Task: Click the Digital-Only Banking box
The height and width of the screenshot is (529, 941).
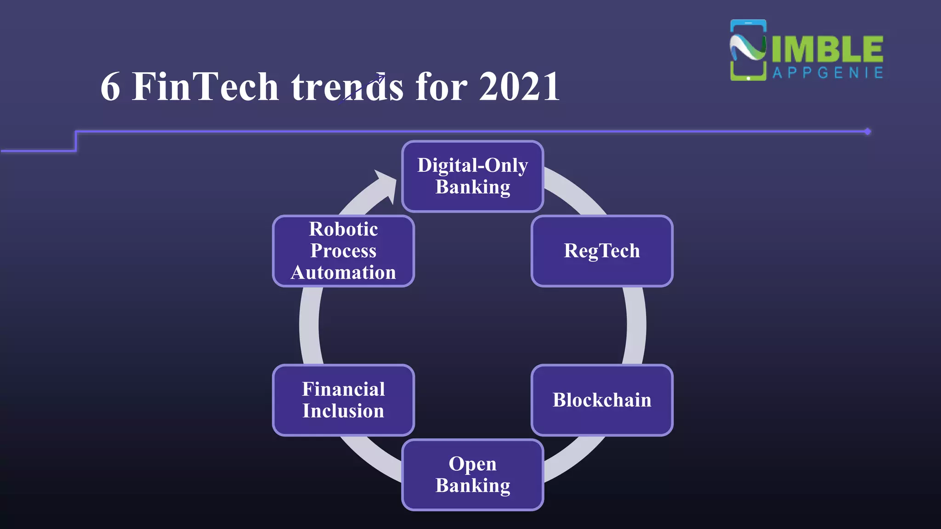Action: click(x=472, y=177)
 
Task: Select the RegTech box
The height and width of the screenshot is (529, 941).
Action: click(x=601, y=251)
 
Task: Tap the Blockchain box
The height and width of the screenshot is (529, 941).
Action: click(x=601, y=400)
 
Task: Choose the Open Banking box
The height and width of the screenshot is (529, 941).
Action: click(x=472, y=475)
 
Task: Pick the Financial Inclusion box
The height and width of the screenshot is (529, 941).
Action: click(x=343, y=400)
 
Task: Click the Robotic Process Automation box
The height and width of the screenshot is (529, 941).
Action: click(x=343, y=251)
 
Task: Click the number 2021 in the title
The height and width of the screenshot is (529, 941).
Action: click(x=519, y=87)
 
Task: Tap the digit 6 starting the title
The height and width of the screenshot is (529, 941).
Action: click(x=110, y=87)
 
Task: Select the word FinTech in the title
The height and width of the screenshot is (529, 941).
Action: click(x=205, y=87)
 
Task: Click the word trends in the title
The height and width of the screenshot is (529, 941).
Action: click(x=347, y=87)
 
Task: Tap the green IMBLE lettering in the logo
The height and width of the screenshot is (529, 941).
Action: click(x=827, y=49)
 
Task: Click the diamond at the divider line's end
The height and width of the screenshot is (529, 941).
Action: click(x=867, y=132)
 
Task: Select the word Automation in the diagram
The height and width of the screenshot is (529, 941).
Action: click(x=343, y=273)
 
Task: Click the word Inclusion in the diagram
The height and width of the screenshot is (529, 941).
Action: click(x=343, y=411)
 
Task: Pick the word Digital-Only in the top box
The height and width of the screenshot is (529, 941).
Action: click(x=472, y=165)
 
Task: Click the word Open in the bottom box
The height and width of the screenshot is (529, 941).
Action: click(x=472, y=464)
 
